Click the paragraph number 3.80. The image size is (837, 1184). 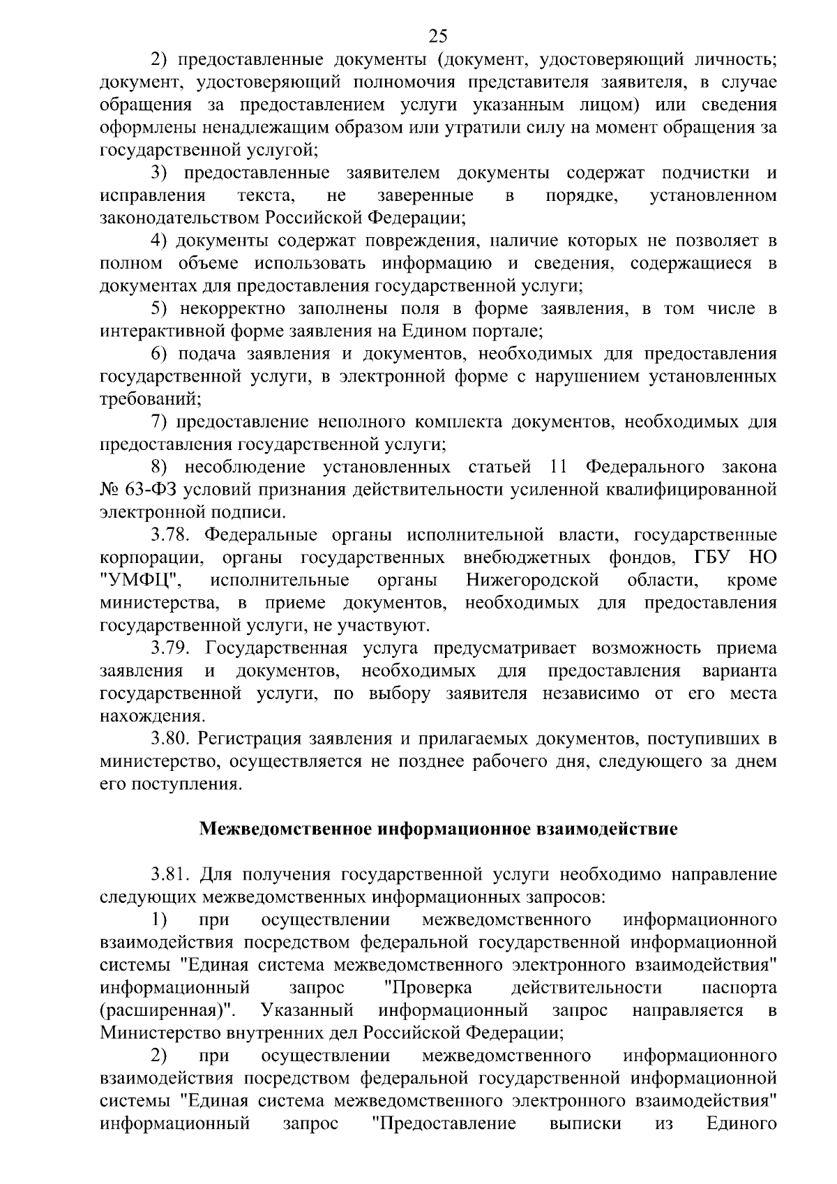click(173, 739)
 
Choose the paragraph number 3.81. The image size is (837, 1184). click(173, 874)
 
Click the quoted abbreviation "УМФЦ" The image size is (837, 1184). click(142, 580)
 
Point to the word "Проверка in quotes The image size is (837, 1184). click(428, 988)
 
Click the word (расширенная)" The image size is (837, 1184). click(167, 1010)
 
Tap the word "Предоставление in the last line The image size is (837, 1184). click(444, 1123)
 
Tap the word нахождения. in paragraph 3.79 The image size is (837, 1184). click(153, 717)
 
